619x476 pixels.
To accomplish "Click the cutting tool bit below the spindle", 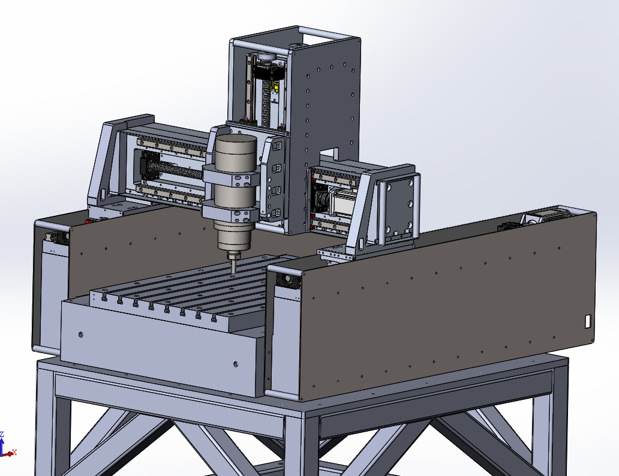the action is click(234, 264).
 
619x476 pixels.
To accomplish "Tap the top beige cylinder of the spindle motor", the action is click(236, 151).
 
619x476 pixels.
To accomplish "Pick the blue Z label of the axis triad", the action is click(2, 435).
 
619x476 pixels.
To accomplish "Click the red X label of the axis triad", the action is click(14, 452).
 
